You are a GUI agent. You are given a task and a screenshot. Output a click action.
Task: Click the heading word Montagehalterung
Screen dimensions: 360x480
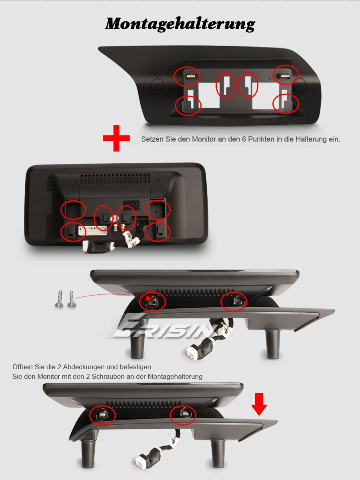[180, 24]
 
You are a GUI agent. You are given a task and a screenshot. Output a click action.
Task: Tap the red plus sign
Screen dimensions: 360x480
[116, 138]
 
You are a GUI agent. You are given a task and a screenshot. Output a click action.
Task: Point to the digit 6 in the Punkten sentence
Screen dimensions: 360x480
[244, 139]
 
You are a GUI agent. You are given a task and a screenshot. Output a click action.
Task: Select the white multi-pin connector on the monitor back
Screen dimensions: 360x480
[93, 231]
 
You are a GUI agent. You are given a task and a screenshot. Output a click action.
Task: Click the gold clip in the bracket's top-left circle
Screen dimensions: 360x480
[192, 76]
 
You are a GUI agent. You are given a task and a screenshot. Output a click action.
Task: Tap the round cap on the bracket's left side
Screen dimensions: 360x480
[157, 86]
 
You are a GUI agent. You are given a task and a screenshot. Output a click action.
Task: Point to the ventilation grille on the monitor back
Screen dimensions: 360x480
[115, 178]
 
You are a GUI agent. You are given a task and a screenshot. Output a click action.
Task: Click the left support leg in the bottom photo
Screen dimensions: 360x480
[88, 454]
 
